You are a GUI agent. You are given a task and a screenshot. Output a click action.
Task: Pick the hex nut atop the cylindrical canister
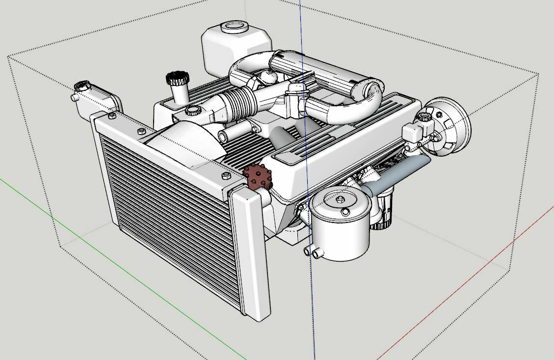point(340,199)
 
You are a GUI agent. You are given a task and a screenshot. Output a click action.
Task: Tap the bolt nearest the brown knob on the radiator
point(226,175)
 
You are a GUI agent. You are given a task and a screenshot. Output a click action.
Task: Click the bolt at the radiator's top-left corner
point(112,116)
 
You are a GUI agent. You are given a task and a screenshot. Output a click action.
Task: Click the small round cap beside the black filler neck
point(192,110)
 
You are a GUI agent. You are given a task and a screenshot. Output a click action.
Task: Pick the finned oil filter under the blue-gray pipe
point(383,211)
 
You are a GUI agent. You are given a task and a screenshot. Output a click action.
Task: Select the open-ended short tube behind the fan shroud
point(223,136)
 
